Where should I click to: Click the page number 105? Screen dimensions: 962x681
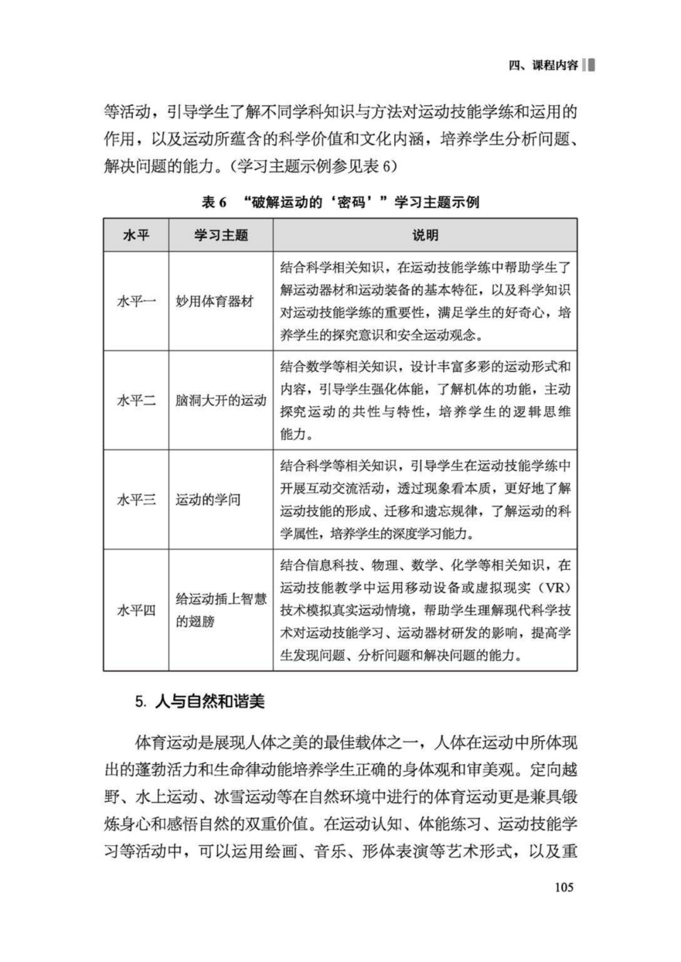[x=564, y=887]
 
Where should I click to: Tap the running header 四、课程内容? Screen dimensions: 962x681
[x=543, y=66]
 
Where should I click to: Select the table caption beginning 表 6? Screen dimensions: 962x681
[x=340, y=202]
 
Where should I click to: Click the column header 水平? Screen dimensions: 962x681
[x=136, y=235]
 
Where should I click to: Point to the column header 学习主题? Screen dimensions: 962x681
[x=221, y=235]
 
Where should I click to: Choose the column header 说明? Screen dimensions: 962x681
[x=425, y=235]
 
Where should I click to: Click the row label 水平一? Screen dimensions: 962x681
[x=136, y=301]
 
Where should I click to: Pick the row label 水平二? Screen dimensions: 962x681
[x=136, y=400]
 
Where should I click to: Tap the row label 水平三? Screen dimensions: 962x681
[x=136, y=500]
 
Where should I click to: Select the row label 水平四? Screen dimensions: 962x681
[x=136, y=610]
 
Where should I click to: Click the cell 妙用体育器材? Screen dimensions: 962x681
[x=214, y=301]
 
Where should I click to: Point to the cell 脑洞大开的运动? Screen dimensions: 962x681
[x=221, y=400]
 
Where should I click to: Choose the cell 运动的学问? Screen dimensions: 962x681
[x=207, y=500]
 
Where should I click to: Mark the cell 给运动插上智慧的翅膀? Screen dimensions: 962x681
[x=221, y=610]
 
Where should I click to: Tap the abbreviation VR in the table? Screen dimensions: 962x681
[x=556, y=588]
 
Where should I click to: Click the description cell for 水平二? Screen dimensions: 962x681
[x=425, y=400]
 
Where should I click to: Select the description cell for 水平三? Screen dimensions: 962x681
[x=425, y=500]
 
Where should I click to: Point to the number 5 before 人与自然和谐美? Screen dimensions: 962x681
[x=139, y=702]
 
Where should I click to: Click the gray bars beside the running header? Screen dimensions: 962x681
[x=589, y=66]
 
